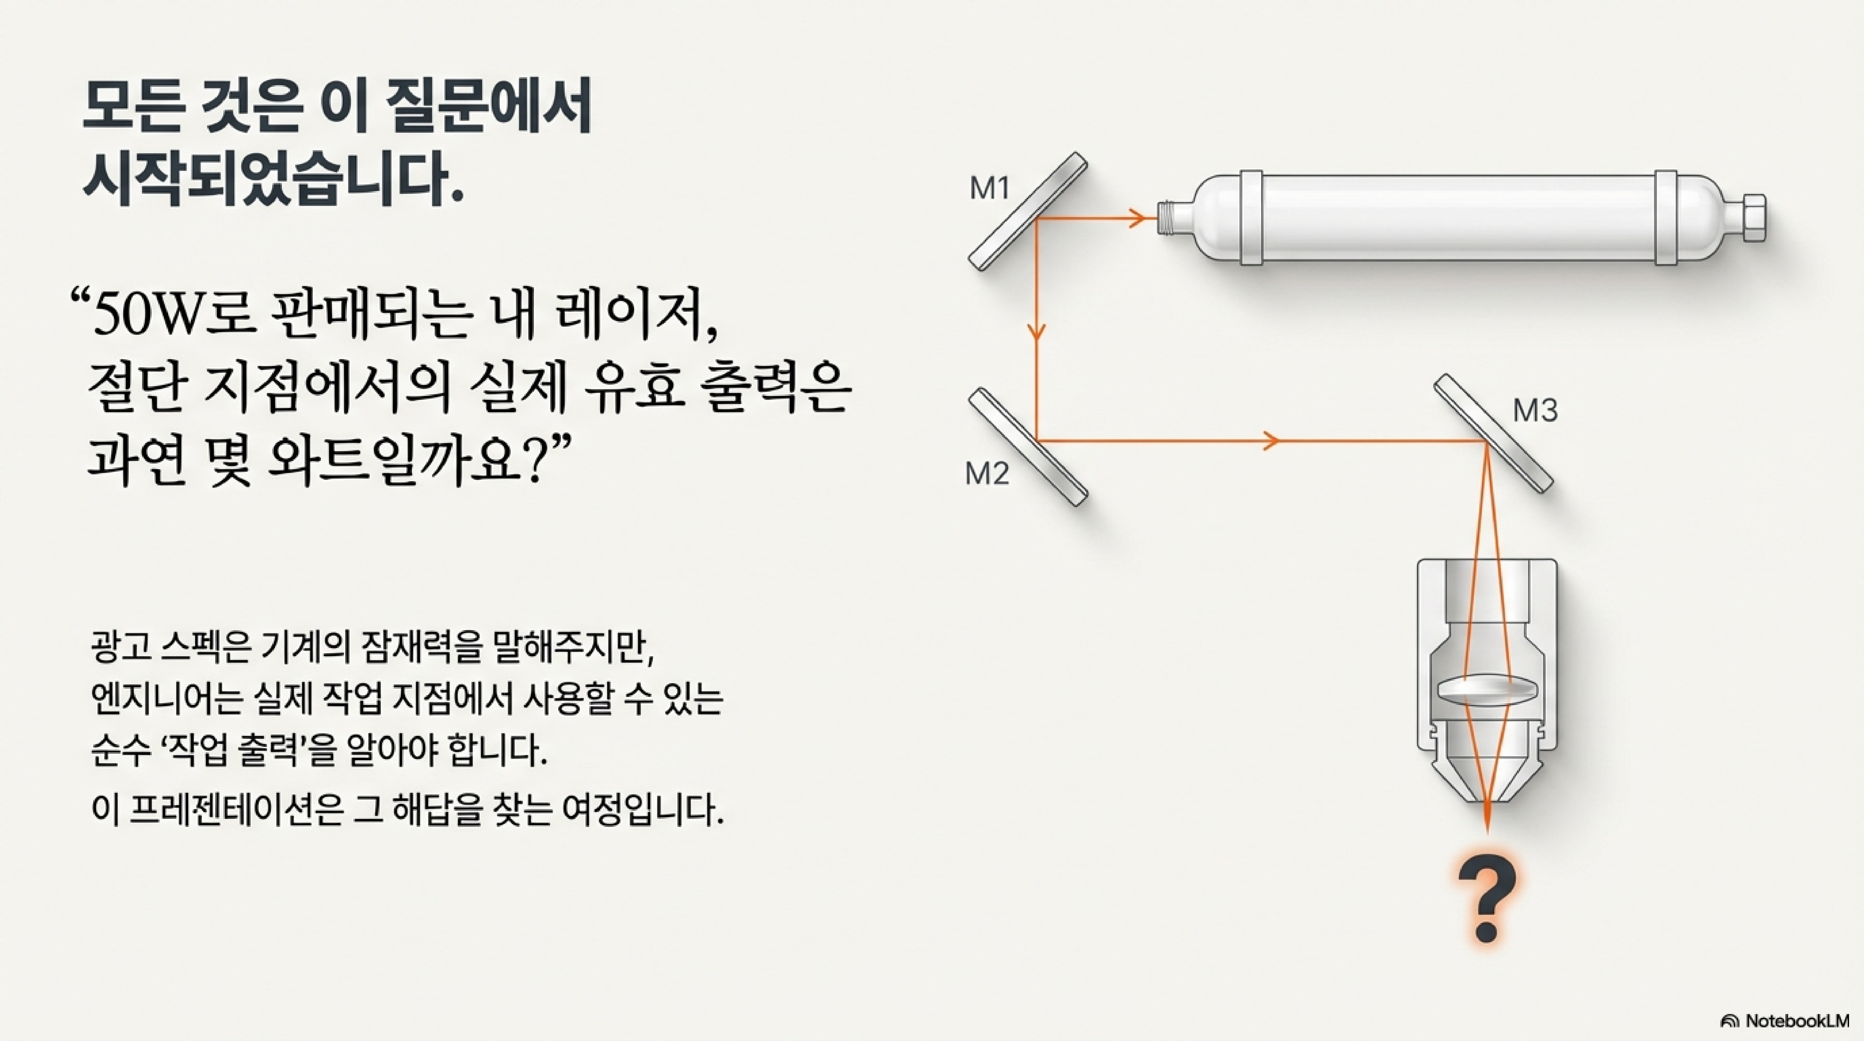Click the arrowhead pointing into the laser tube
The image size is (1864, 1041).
point(1136,216)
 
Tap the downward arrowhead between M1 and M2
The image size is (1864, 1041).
point(1037,331)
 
